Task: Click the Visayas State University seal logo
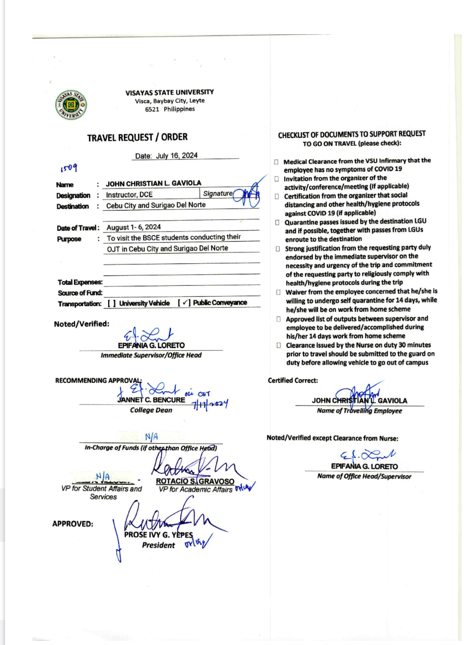71,105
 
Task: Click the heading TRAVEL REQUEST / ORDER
137,137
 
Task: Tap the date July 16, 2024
177,156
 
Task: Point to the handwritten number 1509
69,168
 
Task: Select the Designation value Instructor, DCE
129,195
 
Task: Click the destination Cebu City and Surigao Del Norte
156,205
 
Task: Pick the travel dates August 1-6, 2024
134,227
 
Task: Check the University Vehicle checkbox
111,303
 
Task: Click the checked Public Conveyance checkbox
184,303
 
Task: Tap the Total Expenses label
80,282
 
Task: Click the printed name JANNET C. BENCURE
151,400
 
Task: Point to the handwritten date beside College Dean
210,404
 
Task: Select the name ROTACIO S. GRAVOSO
195,481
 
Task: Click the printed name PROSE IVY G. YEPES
158,535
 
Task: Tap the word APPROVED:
73,524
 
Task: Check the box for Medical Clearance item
276,162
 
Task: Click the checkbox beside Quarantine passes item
277,222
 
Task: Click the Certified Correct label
293,380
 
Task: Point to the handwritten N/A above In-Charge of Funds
152,437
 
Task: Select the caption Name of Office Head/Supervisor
364,476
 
